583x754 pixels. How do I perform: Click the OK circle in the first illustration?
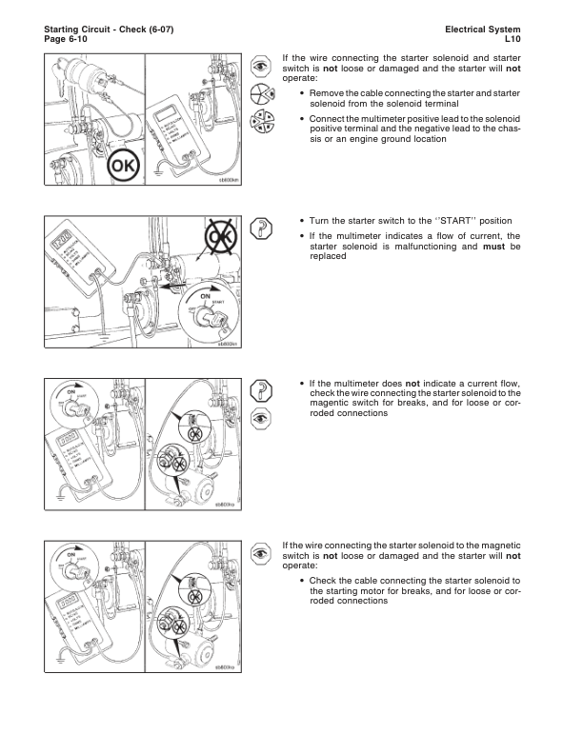pyautogui.click(x=125, y=168)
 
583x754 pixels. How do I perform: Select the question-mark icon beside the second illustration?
pyautogui.click(x=259, y=225)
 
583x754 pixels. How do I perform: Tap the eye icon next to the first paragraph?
pyautogui.click(x=259, y=65)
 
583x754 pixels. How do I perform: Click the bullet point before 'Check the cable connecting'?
pyautogui.click(x=302, y=581)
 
